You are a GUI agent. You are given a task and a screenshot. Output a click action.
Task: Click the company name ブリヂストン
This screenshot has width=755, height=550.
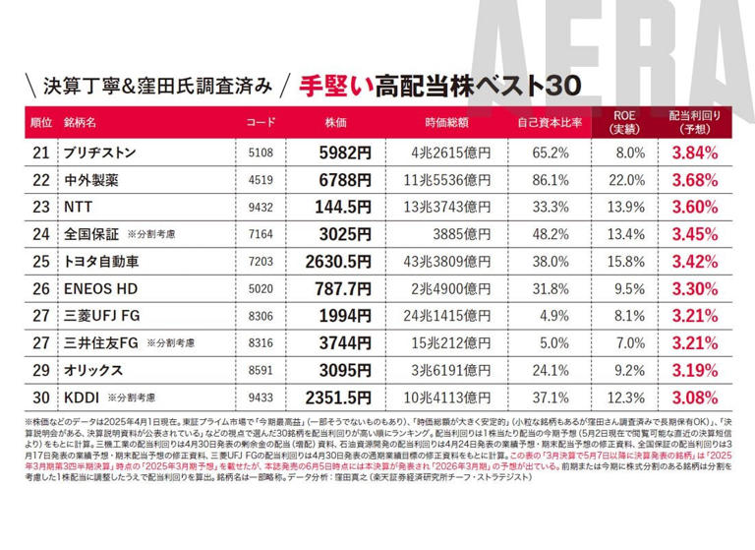coord(97,153)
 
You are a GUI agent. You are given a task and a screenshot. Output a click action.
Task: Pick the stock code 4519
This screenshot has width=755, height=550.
coord(261,180)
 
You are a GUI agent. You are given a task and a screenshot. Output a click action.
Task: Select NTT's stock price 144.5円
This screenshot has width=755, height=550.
coord(340,207)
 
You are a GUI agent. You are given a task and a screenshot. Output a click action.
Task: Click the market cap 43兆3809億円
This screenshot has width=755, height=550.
coord(449,262)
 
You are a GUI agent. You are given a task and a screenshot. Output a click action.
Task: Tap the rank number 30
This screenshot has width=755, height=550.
coord(40,397)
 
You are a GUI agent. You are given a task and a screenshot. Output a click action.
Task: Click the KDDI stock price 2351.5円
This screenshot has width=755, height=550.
coord(333,397)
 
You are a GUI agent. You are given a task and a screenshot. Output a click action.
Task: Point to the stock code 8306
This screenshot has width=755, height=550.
coord(261,316)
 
